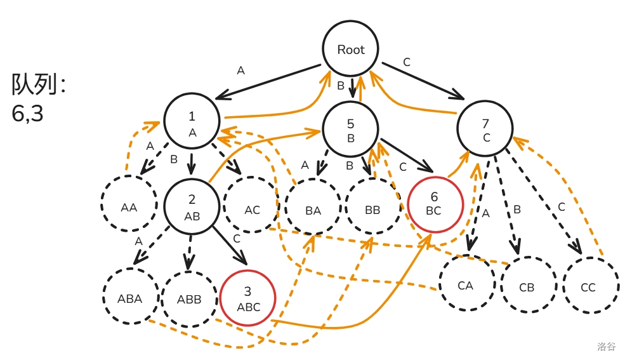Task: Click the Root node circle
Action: pyautogui.click(x=351, y=50)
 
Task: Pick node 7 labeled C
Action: pyautogui.click(x=485, y=128)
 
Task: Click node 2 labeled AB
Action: pyautogui.click(x=192, y=207)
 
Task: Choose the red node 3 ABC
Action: pyautogui.click(x=248, y=298)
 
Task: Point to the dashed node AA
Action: pyautogui.click(x=129, y=206)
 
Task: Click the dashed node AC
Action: pyautogui.click(x=252, y=210)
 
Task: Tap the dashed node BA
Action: pyautogui.click(x=313, y=210)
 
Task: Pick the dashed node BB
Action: pyautogui.click(x=373, y=210)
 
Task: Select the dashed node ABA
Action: pyautogui.click(x=130, y=298)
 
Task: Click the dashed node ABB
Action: pyautogui.click(x=190, y=298)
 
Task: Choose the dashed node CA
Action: pyautogui.click(x=466, y=285)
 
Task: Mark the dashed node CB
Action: pyautogui.click(x=527, y=286)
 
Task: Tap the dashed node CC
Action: pyautogui.click(x=588, y=286)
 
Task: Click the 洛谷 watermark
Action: pyautogui.click(x=606, y=347)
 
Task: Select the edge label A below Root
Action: pyautogui.click(x=240, y=70)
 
